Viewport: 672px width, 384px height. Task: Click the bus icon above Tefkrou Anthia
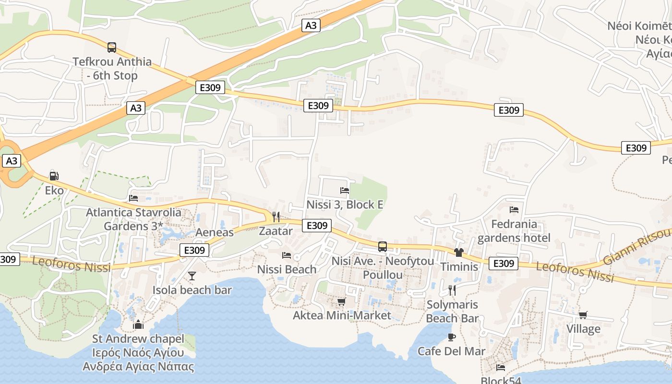[x=112, y=47]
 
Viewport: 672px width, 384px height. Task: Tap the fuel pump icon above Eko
[x=54, y=176]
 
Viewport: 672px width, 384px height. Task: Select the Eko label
[x=54, y=190]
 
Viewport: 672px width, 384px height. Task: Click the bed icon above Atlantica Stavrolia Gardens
[x=133, y=198]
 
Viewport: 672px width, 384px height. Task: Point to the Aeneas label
[x=215, y=232]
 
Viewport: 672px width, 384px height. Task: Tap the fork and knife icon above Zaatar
[x=276, y=216]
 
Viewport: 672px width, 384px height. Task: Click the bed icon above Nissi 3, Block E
[x=345, y=191]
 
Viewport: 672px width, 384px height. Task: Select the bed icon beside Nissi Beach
[x=287, y=255]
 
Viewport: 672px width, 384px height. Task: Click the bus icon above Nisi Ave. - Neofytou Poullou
[x=383, y=247]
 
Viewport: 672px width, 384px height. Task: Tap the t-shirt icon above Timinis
[x=459, y=252]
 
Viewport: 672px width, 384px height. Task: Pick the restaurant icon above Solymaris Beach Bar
[x=452, y=290]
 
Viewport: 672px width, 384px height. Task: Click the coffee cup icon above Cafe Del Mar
[x=452, y=337]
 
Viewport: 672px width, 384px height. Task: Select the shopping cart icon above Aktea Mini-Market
[x=342, y=301]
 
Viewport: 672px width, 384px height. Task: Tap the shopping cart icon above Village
[x=583, y=315]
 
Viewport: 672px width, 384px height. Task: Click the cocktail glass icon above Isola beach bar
[x=192, y=276]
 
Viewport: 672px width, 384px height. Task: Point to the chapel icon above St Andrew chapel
[x=138, y=324]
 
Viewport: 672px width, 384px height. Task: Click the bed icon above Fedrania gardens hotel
[x=514, y=210]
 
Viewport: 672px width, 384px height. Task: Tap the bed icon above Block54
[x=501, y=368]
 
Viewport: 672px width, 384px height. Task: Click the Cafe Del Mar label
[x=451, y=351]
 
